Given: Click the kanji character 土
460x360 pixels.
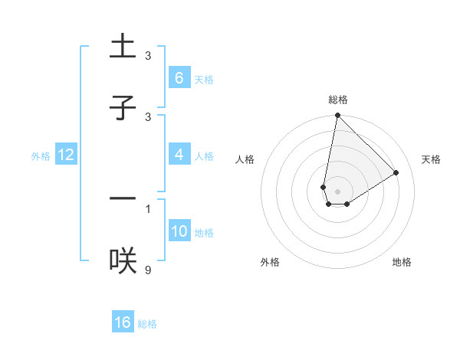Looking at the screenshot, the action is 123,47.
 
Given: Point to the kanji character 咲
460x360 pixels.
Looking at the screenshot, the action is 123,260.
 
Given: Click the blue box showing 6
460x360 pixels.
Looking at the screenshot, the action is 179,77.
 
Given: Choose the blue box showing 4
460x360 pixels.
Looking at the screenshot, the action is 179,154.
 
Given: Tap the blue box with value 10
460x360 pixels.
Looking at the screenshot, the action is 179,231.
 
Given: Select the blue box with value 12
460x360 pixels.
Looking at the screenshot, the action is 65,154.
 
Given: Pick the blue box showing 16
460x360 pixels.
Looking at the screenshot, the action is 123,322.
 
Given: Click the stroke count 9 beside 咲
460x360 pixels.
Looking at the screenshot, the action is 148,270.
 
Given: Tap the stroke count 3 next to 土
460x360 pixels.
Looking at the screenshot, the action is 148,56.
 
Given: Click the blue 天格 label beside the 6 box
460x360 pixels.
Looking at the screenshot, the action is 204,79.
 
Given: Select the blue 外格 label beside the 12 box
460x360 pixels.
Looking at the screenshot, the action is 41,155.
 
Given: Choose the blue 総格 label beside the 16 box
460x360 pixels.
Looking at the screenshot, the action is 148,324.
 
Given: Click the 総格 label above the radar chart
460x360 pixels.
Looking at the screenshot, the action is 338,100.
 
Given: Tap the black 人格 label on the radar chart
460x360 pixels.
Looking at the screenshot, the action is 245,159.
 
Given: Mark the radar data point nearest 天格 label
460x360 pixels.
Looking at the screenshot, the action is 396,172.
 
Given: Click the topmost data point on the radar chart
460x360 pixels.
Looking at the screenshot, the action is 337,116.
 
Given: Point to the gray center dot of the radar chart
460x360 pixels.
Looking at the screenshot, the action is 337,191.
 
